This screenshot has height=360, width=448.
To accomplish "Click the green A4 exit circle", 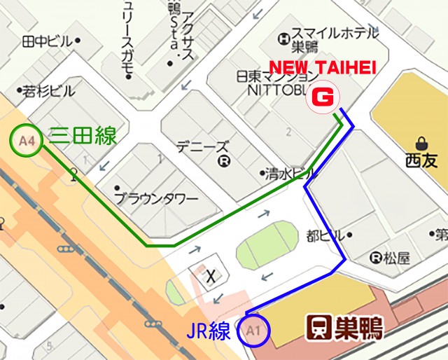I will tap(27, 141).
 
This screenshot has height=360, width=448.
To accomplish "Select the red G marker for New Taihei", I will tap(323, 97).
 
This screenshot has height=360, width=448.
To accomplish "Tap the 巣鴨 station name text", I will tap(358, 326).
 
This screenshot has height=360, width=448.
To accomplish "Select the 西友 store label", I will tap(421, 160).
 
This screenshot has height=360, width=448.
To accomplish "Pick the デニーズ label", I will tap(202, 147).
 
